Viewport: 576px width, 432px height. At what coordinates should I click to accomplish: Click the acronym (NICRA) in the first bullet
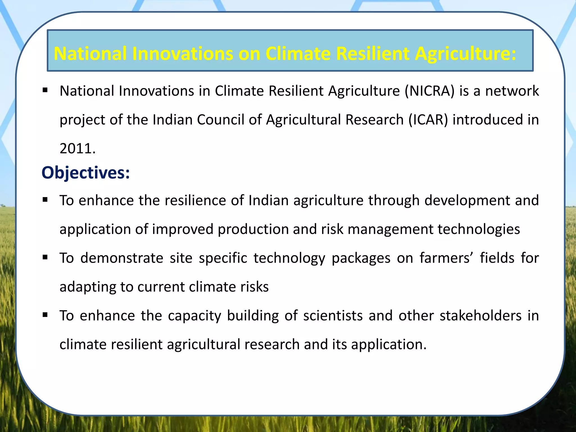[x=429, y=91]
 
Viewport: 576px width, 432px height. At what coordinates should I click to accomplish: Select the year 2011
[x=77, y=148]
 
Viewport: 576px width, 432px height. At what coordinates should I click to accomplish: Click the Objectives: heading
[x=86, y=173]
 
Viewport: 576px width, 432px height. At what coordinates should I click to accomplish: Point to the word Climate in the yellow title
[x=298, y=53]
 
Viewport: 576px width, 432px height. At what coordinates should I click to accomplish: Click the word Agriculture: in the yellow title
[x=465, y=53]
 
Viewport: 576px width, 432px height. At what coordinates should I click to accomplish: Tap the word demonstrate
[x=122, y=258]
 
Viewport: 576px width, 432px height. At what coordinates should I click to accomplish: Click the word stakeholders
[x=481, y=316]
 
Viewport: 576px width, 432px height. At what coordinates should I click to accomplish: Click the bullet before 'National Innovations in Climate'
[x=45, y=91]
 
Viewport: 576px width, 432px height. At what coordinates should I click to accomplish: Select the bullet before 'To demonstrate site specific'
[x=45, y=257]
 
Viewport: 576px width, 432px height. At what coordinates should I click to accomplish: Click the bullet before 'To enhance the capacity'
[x=45, y=315]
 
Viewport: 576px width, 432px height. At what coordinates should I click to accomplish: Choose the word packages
[x=361, y=258]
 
